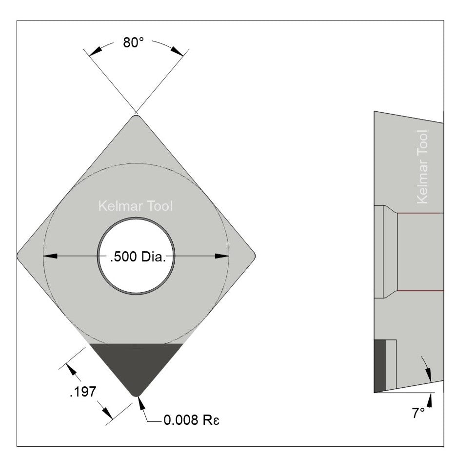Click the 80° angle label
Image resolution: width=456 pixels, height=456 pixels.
pos(133,43)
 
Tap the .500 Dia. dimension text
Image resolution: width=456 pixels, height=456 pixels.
pos(138,257)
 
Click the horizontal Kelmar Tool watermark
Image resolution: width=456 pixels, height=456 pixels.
pos(136,207)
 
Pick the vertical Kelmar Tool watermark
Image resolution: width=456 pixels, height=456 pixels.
pos(423,166)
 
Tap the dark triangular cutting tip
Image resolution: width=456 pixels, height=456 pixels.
pos(136,363)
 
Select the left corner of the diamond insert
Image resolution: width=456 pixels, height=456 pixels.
pos(19,255)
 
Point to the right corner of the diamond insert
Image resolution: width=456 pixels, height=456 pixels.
pos(254,255)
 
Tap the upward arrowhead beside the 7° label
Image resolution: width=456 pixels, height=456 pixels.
pos(430,399)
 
